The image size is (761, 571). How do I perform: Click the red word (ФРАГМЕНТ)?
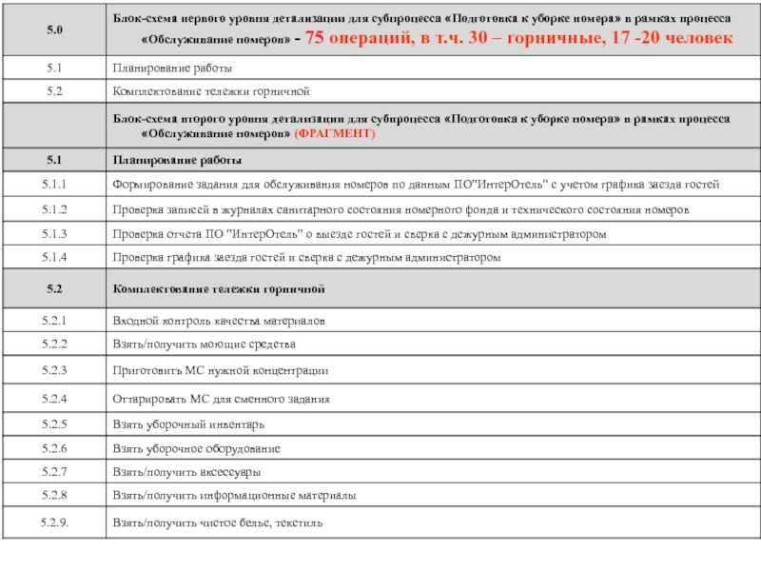tap(336, 135)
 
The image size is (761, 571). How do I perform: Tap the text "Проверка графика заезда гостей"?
tap(191, 258)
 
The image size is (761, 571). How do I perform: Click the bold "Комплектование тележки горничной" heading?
tap(219, 286)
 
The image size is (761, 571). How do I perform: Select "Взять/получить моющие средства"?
tap(205, 343)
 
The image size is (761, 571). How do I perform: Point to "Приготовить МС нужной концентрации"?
tap(221, 369)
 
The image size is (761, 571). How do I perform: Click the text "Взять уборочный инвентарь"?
tap(188, 423)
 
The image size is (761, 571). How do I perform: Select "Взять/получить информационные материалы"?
tap(235, 496)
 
